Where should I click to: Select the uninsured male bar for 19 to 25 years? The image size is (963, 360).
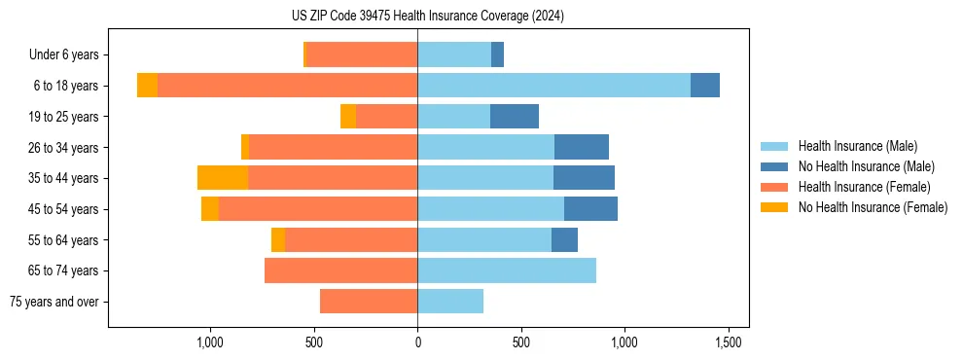[514, 117]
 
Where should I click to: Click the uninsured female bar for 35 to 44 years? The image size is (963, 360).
[223, 178]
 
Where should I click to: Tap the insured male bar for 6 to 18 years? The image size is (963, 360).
[553, 86]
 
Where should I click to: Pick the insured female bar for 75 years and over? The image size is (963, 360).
[369, 302]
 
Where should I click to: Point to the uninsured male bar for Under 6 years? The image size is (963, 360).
[497, 54]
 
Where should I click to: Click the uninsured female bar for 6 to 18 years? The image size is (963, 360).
[147, 86]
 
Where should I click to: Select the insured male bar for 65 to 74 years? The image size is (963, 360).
[507, 270]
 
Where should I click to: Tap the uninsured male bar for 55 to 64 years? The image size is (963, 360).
[564, 239]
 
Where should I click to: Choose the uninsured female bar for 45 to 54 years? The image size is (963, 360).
[210, 209]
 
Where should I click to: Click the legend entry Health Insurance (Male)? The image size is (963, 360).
[857, 146]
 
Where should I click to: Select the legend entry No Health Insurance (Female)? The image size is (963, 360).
[873, 207]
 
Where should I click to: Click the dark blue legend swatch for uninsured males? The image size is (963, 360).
[774, 166]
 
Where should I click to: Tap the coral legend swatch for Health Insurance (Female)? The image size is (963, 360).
[774, 187]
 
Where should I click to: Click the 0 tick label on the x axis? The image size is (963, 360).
[417, 342]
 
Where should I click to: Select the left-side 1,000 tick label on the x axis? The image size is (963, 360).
[210, 342]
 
